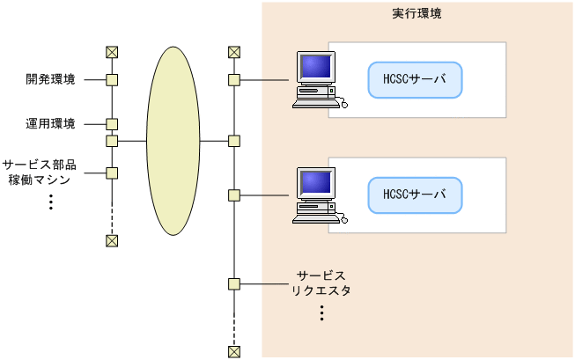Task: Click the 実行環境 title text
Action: tap(417, 15)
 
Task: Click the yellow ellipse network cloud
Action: tap(173, 141)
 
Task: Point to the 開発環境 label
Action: tap(50, 79)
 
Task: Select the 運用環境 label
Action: tap(50, 124)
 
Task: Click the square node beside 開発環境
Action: tap(112, 80)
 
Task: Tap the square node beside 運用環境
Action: tap(112, 124)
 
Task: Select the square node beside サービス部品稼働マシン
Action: tap(112, 173)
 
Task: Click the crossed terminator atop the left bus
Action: tap(112, 52)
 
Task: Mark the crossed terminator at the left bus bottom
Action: tap(112, 241)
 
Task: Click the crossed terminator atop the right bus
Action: tap(233, 52)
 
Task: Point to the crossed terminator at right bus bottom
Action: tap(233, 352)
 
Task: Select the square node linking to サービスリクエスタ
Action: tap(233, 284)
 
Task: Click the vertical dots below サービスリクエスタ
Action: tap(322, 312)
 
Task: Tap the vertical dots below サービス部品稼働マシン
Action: tap(50, 202)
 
